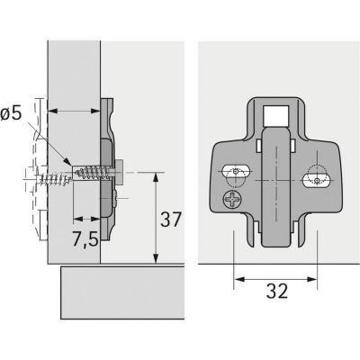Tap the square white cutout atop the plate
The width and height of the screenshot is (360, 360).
point(276,115)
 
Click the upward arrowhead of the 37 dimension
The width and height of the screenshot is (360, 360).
point(157,175)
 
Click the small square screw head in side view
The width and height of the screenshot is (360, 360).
point(121,169)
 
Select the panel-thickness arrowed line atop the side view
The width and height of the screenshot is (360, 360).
point(73,111)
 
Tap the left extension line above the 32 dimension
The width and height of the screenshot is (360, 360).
point(234,252)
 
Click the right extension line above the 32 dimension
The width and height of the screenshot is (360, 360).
point(319,252)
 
